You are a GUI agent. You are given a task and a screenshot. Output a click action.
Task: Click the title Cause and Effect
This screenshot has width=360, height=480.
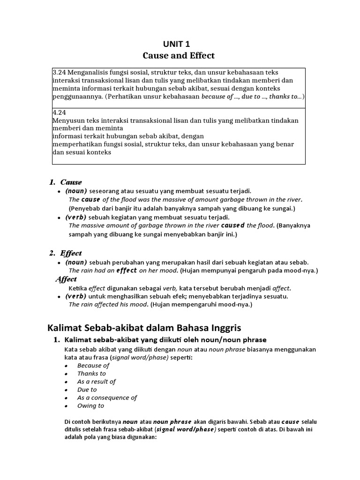click(179, 55)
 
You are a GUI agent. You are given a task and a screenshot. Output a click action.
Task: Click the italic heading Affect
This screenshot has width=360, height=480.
click(66, 279)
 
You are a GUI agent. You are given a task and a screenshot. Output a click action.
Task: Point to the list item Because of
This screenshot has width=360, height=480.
click(93, 366)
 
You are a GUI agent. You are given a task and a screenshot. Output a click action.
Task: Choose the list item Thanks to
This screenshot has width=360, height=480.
click(91, 374)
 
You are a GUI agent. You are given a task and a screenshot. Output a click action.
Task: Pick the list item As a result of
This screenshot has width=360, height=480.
click(97, 382)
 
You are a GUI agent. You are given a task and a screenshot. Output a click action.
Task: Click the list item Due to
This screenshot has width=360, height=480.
click(87, 390)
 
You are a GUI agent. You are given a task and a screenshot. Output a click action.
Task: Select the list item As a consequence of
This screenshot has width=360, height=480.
click(107, 397)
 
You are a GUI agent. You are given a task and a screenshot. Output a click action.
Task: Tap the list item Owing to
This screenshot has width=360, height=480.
click(90, 405)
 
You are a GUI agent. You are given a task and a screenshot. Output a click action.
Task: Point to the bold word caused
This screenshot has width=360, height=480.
click(233, 225)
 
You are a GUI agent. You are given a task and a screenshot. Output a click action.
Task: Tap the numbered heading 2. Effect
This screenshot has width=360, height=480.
click(66, 253)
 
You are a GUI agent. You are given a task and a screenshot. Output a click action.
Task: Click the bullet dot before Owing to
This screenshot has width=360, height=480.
click(67, 406)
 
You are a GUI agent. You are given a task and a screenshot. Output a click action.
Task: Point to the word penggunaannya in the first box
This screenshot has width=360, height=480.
click(77, 96)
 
